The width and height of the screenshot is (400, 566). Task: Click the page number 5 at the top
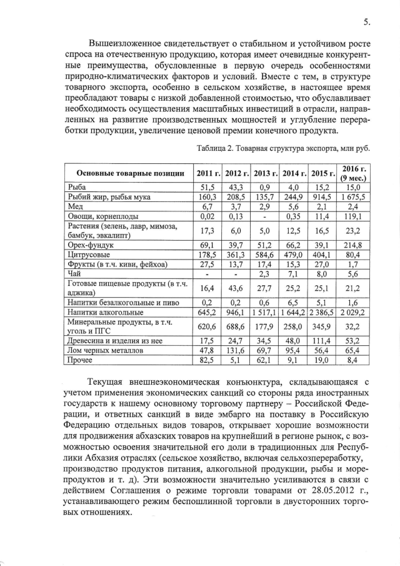(x=366, y=23)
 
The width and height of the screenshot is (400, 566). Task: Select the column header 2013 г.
(x=266, y=173)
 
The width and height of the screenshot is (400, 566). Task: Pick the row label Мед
(x=75, y=206)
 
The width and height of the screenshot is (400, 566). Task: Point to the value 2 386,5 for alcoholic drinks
(x=322, y=311)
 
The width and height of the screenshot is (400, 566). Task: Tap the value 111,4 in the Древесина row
(x=322, y=341)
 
